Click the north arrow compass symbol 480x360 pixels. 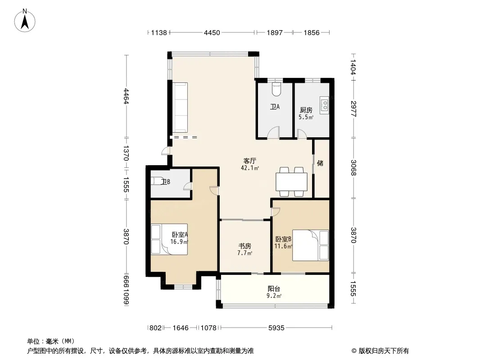click(25, 20)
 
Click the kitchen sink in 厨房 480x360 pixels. click(325, 104)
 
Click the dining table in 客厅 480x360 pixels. click(291, 182)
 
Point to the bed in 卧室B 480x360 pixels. click(310, 245)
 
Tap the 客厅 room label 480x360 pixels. click(249, 161)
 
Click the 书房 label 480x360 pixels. click(245, 246)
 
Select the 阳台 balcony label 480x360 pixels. click(274, 289)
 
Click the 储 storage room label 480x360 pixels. click(320, 163)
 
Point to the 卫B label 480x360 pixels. click(166, 182)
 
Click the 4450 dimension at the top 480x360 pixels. click(212, 33)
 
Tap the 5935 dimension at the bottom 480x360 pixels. click(276, 328)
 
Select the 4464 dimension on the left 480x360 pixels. click(126, 96)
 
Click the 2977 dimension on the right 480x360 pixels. click(353, 108)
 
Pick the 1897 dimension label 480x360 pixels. click(275, 33)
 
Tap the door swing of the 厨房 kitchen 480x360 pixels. click(302, 134)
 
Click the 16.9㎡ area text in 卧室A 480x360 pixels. click(179, 242)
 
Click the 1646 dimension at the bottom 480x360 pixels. click(180, 328)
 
